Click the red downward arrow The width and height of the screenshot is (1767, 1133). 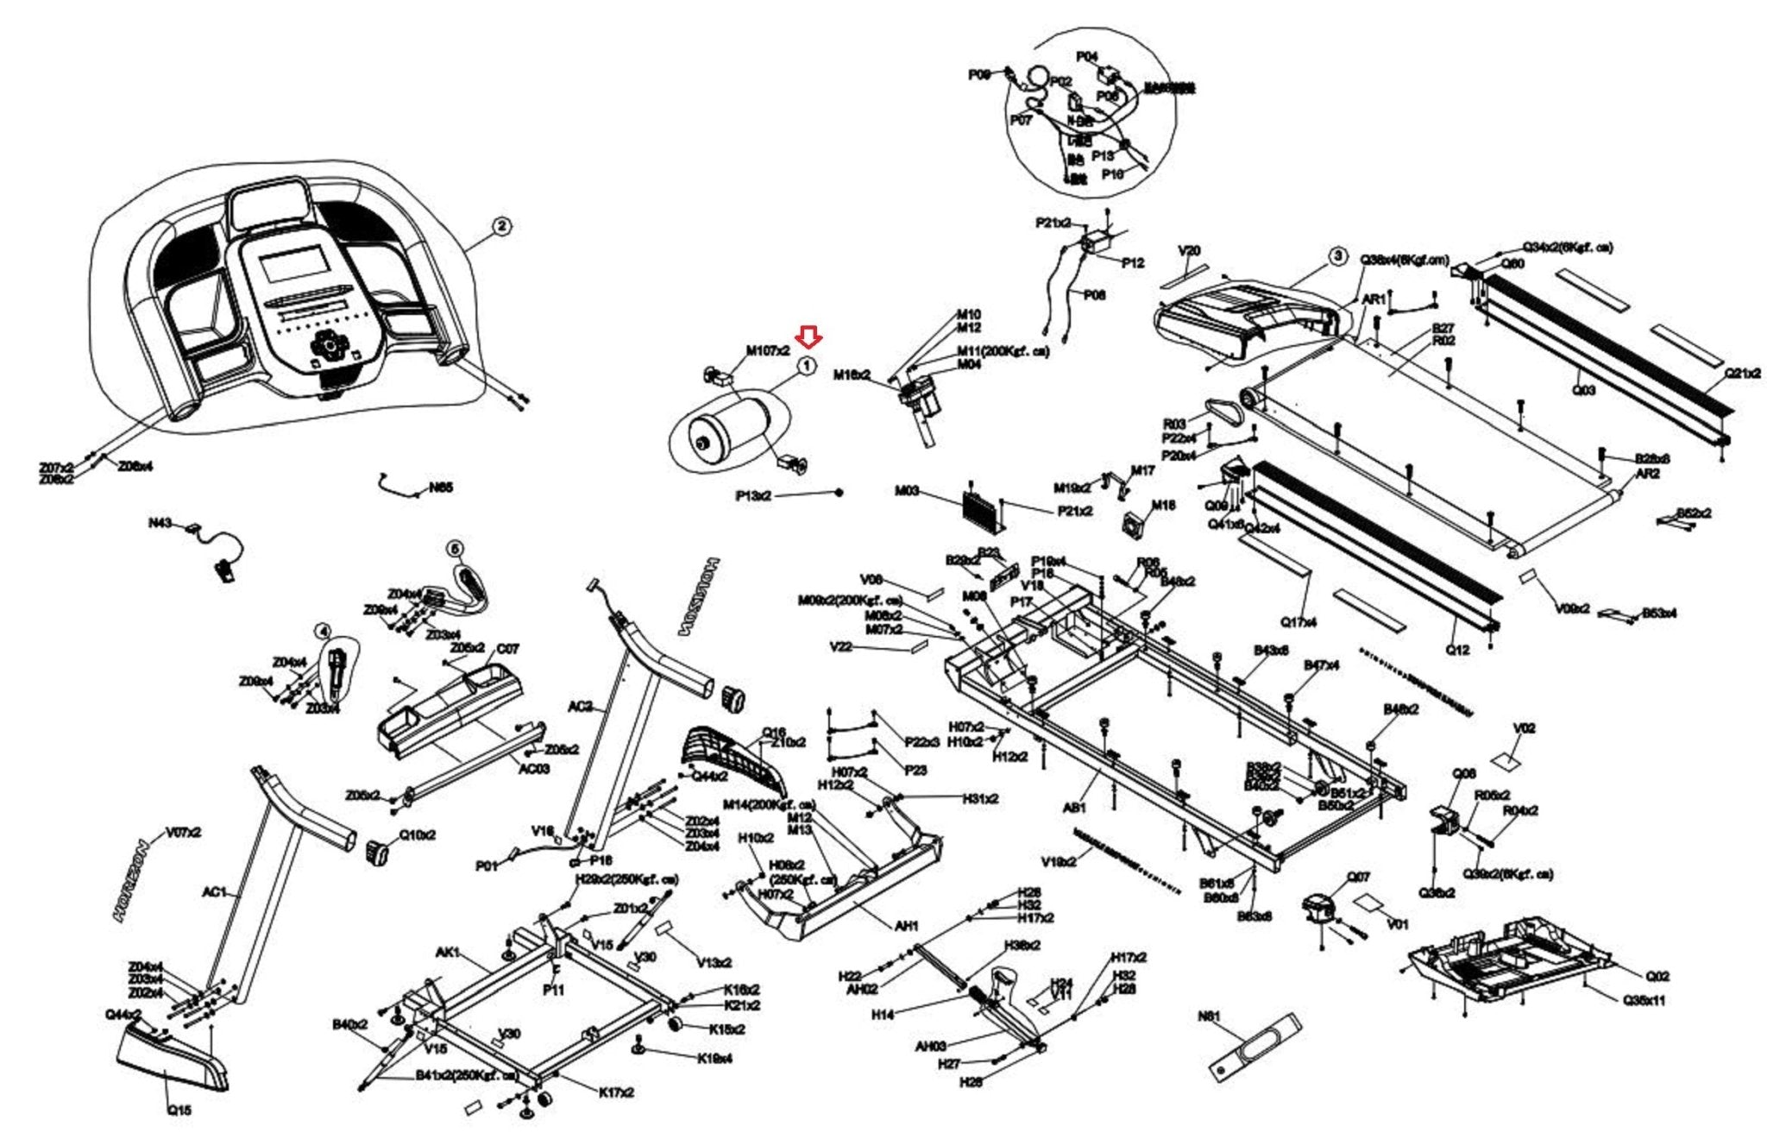tap(809, 337)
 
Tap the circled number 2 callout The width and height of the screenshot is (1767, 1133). tap(501, 226)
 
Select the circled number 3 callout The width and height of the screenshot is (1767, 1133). tap(1336, 255)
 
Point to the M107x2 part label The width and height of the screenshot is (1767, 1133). tap(767, 350)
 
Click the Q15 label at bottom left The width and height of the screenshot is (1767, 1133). tap(179, 1110)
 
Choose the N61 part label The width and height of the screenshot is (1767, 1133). tap(1209, 1017)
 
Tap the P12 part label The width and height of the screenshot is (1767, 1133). tap(1132, 263)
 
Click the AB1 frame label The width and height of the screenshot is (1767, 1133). tap(1073, 809)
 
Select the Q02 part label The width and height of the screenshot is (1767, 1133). tap(1657, 976)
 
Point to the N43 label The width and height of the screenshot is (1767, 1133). tap(160, 523)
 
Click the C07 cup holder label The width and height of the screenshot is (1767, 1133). tap(507, 649)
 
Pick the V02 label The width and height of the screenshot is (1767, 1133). tap(1525, 728)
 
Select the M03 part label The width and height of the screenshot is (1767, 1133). tap(907, 491)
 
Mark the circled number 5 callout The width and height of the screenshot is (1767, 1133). tap(455, 549)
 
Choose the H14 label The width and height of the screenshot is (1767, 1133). tap(882, 1016)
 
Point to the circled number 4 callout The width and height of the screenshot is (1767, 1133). tap(323, 631)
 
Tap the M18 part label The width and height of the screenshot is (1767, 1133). tap(1163, 506)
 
